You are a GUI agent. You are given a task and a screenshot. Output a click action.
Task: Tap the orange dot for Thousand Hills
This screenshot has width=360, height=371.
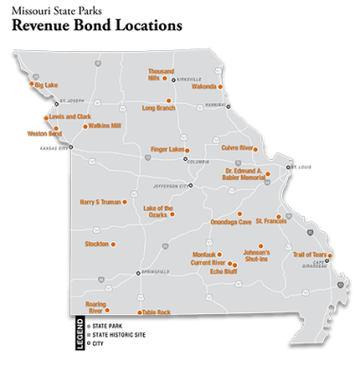pos(165,78)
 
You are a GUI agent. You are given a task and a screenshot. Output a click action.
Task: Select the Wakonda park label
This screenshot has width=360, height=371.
pos(205,86)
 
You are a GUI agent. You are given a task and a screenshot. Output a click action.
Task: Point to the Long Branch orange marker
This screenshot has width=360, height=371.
pos(169,100)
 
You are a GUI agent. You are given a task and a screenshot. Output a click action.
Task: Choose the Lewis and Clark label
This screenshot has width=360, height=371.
pos(70,116)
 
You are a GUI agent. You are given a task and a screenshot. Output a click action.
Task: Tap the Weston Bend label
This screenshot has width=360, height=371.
pos(44,133)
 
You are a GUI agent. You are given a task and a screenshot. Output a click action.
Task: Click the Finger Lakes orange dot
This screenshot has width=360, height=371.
pos(187,150)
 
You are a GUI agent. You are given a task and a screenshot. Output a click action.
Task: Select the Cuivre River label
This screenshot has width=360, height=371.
pos(237,149)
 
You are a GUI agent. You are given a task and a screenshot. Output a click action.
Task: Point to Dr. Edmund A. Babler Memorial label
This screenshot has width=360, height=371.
pos(242,174)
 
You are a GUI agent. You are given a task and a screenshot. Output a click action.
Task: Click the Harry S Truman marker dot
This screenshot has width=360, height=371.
pos(124,202)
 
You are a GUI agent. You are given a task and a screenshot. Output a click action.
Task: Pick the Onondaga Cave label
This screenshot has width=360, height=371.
pos(231,222)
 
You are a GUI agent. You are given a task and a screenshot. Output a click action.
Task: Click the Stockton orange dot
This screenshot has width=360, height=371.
pos(113,244)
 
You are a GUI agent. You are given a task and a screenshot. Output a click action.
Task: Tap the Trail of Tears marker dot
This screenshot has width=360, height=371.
pos(330,256)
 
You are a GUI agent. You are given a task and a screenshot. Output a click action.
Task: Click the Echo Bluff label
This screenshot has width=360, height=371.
pos(224,272)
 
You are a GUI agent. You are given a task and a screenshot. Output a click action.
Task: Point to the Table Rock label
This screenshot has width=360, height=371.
pos(156,312)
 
